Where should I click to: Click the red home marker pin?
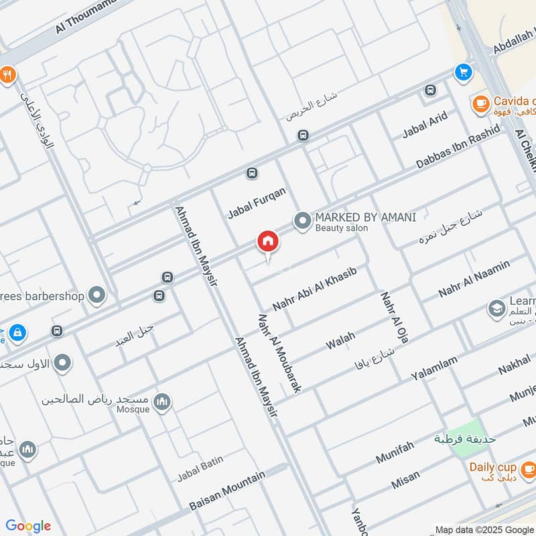pyautogui.click(x=267, y=242)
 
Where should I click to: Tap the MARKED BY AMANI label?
pyautogui.click(x=365, y=217)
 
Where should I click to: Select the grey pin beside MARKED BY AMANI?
pyautogui.click(x=302, y=220)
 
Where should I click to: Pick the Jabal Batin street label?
pyautogui.click(x=200, y=468)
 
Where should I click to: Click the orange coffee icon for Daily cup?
pyautogui.click(x=528, y=468)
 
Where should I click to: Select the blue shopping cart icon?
pyautogui.click(x=462, y=71)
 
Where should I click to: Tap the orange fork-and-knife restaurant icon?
pyautogui.click(x=7, y=75)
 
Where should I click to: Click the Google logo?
pyautogui.click(x=28, y=526)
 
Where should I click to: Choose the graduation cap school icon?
pyautogui.click(x=496, y=308)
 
